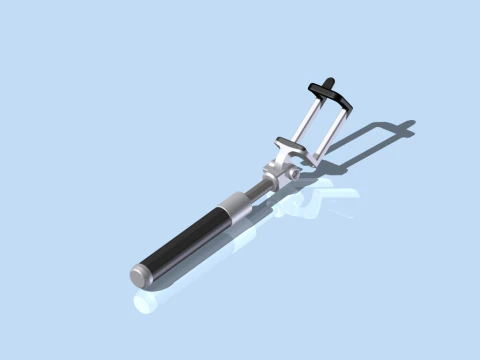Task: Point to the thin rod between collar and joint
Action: [258, 191]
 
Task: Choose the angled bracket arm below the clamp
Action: [287, 153]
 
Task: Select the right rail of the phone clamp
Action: [331, 130]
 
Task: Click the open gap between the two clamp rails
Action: [318, 125]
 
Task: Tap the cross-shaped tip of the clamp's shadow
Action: [402, 128]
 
